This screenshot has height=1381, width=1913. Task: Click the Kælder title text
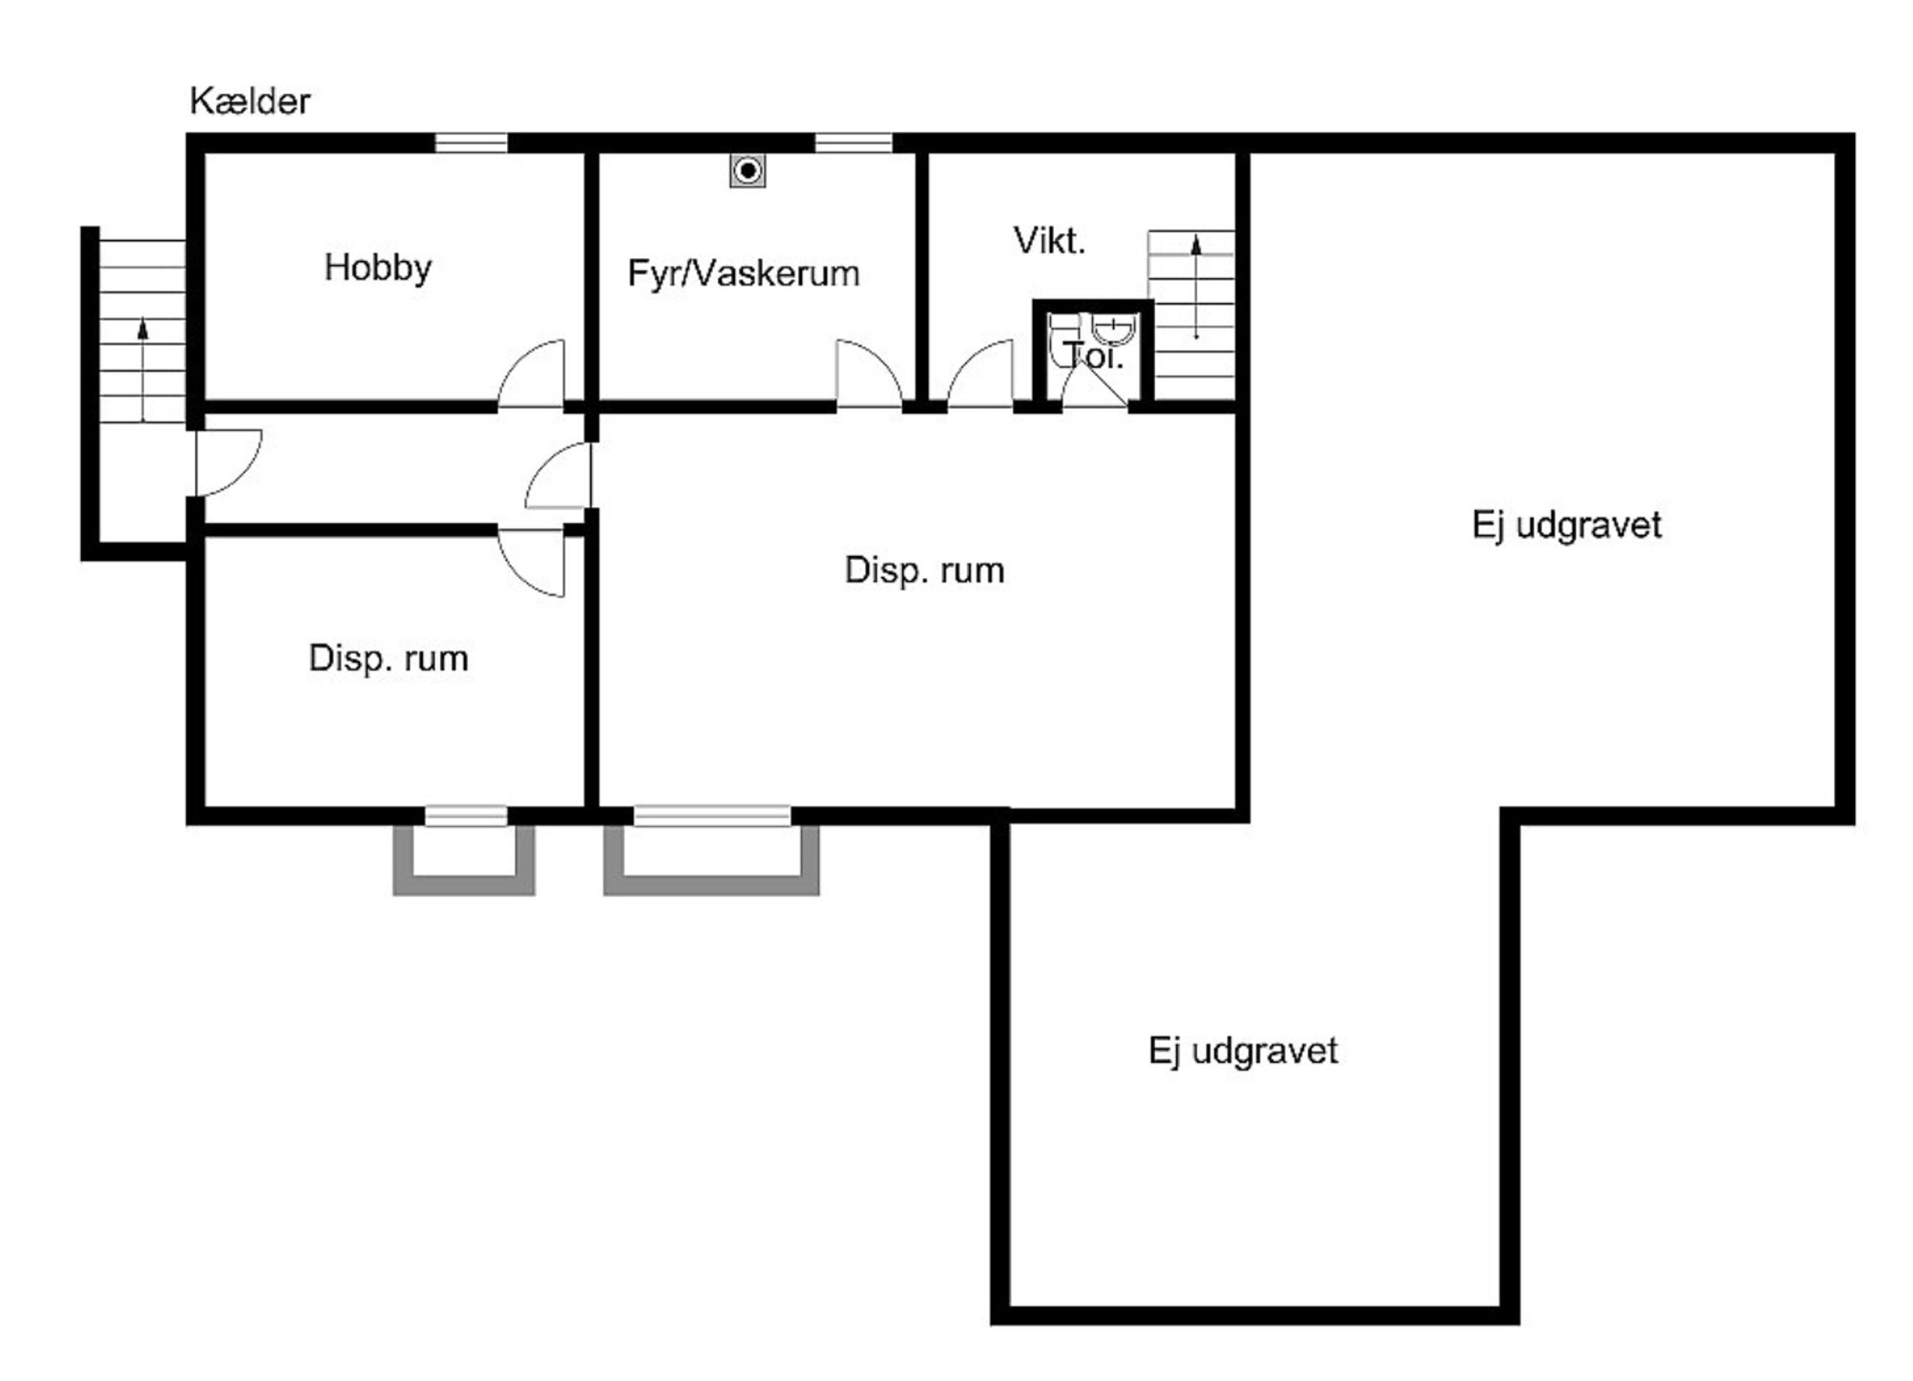point(249,102)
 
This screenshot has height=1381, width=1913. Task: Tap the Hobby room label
point(378,269)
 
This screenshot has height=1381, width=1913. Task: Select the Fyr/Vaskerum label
point(743,274)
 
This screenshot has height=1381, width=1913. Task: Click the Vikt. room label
point(1049,241)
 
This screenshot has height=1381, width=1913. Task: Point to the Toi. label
point(1093,356)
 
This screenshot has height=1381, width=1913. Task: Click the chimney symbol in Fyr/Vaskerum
point(748,171)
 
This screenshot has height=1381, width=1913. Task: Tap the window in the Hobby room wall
point(472,143)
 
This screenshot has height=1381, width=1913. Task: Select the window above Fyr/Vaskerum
point(853,143)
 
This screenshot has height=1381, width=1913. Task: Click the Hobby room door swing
point(531,374)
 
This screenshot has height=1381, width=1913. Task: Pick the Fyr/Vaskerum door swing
point(869,374)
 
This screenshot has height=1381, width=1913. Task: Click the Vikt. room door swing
point(980,374)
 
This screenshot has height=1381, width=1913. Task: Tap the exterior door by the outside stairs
point(229,463)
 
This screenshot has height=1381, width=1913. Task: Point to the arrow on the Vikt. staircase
point(1196,287)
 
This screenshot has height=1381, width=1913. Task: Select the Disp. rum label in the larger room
point(924,570)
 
